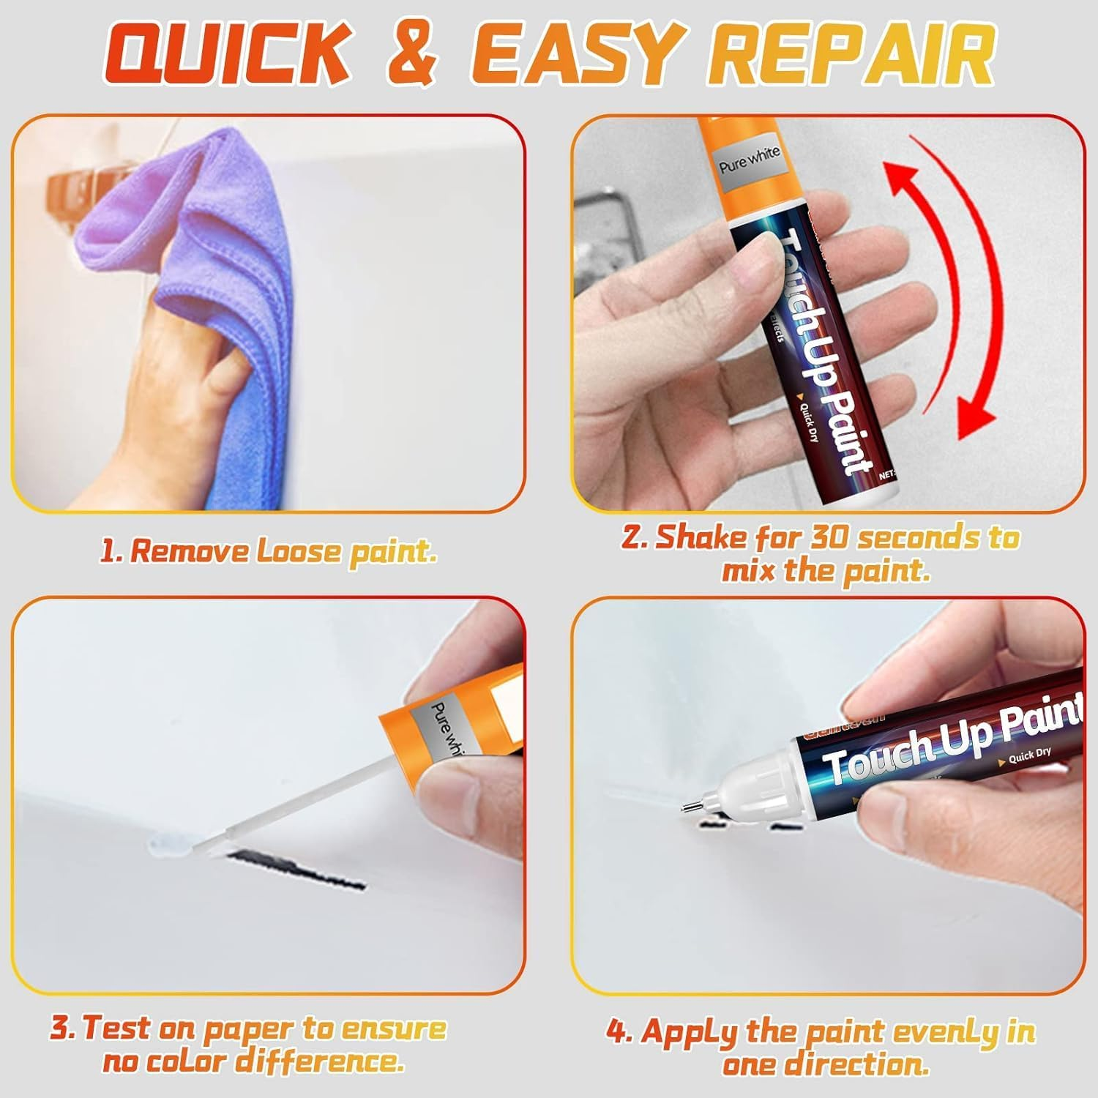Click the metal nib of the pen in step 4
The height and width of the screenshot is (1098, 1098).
pyautogui.click(x=690, y=807)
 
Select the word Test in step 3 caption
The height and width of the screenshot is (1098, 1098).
pyautogui.click(x=116, y=1028)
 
